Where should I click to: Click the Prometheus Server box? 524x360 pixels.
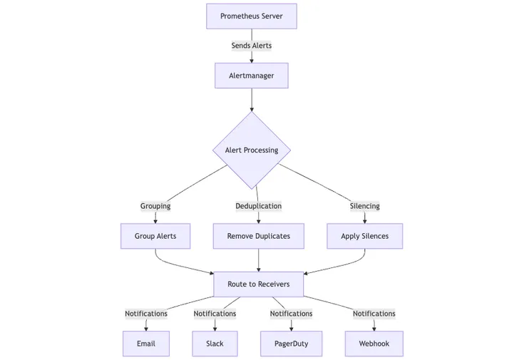(x=251, y=16)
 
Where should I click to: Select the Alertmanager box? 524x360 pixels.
(x=251, y=76)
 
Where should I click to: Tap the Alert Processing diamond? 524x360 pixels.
(x=251, y=150)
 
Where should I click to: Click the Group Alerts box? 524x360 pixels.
(x=155, y=236)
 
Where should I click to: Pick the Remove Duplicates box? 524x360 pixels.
(x=258, y=236)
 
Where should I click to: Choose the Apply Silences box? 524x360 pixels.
(x=364, y=236)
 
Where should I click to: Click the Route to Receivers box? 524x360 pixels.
(x=258, y=284)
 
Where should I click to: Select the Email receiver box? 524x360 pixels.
(x=146, y=344)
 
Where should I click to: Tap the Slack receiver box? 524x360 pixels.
(x=215, y=344)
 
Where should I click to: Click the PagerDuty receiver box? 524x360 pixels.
(x=291, y=344)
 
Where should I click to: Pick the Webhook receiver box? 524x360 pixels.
(x=374, y=344)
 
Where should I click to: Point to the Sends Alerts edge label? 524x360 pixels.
(x=251, y=46)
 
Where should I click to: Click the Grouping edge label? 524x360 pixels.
(x=155, y=206)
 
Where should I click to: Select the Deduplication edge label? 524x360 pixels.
(x=258, y=206)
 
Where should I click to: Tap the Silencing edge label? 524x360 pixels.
(x=364, y=206)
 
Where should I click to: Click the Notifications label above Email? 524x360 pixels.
(x=146, y=314)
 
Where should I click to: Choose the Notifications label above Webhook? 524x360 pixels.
(x=374, y=314)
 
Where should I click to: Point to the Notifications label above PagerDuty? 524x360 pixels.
(x=291, y=314)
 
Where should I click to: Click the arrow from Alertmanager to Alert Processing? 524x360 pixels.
(x=252, y=99)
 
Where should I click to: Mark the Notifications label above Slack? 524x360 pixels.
(x=215, y=314)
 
